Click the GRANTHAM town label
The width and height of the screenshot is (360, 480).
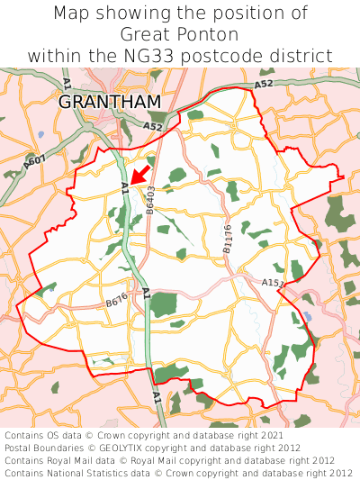(110, 102)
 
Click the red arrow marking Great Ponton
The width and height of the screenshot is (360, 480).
(139, 174)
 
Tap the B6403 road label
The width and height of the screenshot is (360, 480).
(151, 199)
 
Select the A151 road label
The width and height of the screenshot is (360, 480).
(273, 283)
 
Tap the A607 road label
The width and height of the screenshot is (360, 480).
(36, 162)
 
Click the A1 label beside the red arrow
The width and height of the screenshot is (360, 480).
(124, 187)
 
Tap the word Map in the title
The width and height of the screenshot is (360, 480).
(74, 14)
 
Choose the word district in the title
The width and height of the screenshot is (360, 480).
(301, 56)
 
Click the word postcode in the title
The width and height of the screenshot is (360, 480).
(240, 56)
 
